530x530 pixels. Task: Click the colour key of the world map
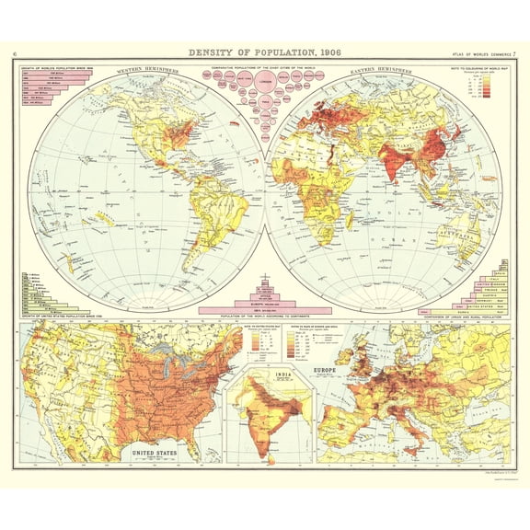485,87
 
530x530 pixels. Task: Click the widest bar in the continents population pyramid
264,312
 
